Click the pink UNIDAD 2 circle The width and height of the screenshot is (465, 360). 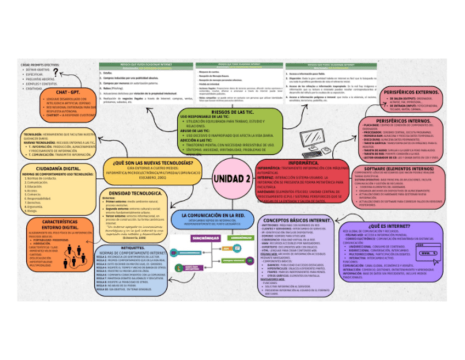point(232,180)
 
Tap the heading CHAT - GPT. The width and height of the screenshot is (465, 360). point(68,92)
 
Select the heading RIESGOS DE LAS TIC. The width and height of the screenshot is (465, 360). point(232,111)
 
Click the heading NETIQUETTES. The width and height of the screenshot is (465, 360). point(128,248)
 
